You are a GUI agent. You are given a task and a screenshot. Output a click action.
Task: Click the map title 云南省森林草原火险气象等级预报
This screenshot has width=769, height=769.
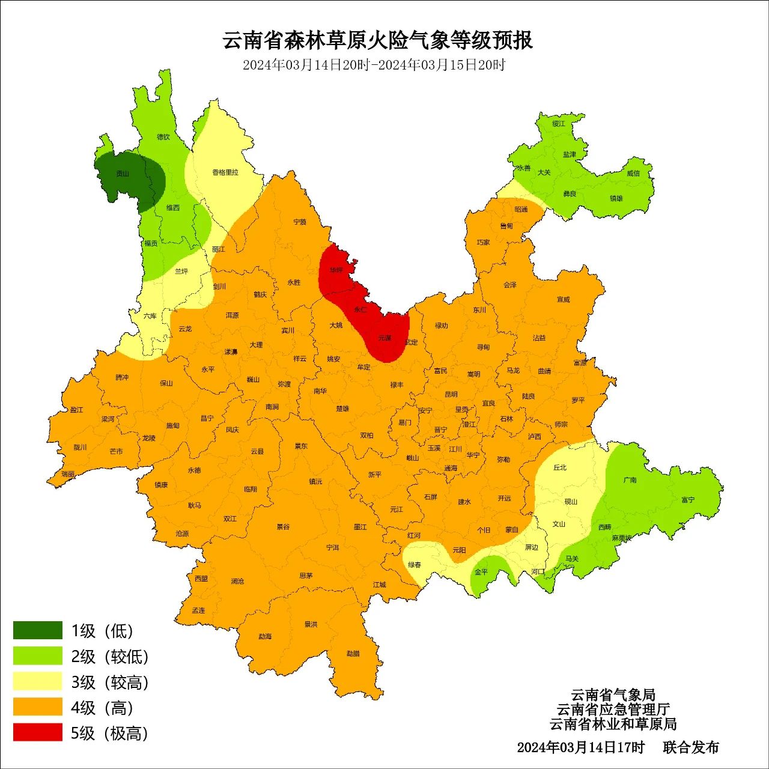378,40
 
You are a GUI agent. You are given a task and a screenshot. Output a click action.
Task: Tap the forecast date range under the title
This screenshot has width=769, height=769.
374,65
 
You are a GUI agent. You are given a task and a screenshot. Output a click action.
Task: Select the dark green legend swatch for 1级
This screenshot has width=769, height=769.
38,630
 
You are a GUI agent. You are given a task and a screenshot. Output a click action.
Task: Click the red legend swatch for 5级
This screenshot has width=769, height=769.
38,732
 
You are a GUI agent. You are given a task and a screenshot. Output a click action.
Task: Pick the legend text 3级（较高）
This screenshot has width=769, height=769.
109,682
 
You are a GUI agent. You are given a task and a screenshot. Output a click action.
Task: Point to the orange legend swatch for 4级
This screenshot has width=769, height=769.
38,707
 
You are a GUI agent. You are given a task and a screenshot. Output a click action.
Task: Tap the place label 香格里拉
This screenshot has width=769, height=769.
225,172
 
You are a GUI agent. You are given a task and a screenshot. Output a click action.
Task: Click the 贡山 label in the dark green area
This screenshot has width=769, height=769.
123,174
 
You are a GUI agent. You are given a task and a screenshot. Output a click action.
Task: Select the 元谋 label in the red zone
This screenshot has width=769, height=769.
384,338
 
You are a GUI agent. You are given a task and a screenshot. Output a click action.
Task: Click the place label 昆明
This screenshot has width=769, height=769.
451,395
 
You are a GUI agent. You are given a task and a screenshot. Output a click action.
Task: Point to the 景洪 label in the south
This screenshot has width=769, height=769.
311,625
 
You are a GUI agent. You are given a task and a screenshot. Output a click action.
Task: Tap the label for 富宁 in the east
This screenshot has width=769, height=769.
688,500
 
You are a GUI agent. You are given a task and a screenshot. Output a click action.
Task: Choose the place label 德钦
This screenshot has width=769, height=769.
163,137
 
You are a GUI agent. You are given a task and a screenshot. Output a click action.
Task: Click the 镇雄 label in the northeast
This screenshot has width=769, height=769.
616,198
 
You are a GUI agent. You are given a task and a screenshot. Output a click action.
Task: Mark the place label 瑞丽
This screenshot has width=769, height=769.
68,474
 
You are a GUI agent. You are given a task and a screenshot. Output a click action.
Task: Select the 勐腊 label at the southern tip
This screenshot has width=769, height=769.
353,654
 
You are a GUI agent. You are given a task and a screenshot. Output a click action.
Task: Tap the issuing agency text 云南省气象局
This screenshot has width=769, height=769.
613,695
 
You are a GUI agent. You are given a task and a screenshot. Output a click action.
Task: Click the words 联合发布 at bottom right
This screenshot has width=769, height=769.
691,747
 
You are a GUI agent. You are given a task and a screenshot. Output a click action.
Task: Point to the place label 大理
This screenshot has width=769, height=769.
257,345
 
